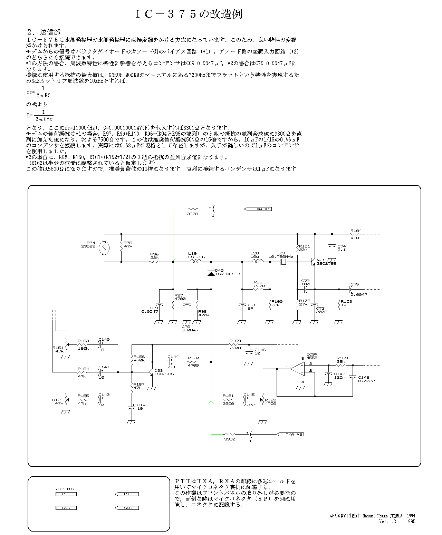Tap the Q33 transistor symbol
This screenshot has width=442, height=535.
151,372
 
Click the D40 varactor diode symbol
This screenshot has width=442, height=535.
211,273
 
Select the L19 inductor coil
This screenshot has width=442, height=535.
196,262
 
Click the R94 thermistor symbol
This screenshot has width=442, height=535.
104,248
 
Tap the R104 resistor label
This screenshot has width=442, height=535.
356,231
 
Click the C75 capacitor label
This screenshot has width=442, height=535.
354,284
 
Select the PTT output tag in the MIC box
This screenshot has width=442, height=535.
127,494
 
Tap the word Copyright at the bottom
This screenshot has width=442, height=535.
347,516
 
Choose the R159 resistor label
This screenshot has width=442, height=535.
235,341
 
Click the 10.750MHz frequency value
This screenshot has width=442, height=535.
281,257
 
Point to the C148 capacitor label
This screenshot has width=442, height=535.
364,377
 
